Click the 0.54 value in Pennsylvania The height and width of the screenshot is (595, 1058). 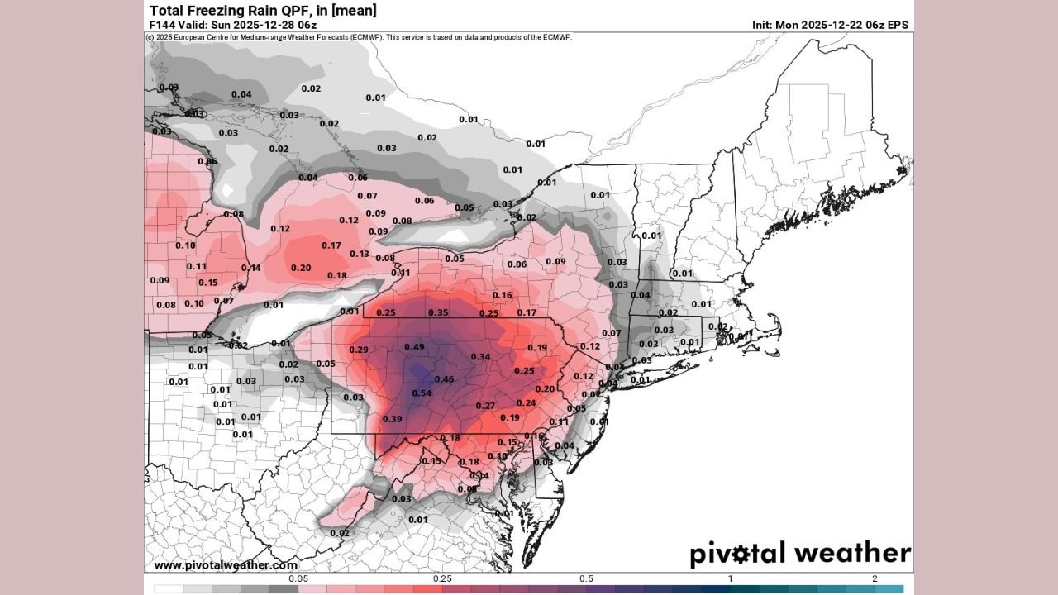point(422,393)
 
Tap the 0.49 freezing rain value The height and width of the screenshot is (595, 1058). point(414,346)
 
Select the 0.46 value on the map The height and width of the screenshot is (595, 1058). point(444,379)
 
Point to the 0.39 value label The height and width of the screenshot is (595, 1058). point(392,420)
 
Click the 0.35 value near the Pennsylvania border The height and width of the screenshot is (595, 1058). point(438,312)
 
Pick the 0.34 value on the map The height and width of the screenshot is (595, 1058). point(480,357)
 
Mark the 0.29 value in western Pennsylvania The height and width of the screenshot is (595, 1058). point(359,350)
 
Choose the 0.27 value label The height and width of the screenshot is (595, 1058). point(485,406)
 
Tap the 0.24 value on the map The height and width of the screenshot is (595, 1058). point(526,402)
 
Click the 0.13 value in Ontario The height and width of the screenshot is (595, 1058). point(360,254)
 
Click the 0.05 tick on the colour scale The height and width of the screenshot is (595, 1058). point(298,579)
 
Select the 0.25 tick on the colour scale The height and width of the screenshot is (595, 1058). point(442,579)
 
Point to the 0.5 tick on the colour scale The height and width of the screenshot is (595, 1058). point(586,579)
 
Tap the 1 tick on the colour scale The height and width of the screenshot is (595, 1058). point(730,579)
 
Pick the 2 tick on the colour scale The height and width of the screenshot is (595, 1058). point(874,579)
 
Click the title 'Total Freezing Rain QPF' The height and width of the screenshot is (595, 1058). point(263,10)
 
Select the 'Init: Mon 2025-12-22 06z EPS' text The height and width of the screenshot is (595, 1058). point(830,25)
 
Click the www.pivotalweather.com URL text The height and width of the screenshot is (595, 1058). point(226,565)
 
